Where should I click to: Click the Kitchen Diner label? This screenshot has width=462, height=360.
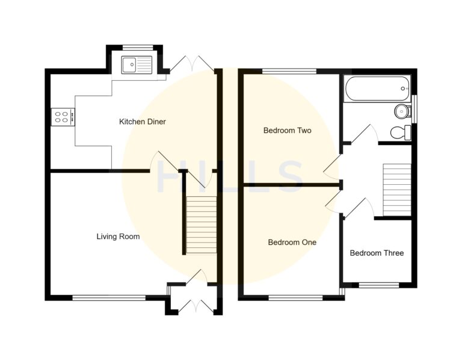(142, 122)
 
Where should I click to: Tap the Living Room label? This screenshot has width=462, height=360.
(118, 237)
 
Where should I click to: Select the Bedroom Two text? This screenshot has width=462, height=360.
(287, 130)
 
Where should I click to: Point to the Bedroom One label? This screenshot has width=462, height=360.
(292, 243)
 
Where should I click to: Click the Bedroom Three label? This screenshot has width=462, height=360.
(377, 253)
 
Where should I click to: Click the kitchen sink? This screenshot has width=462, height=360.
(137, 64)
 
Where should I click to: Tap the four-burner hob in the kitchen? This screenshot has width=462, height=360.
(62, 116)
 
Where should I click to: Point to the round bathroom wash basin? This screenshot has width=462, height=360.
(402, 111)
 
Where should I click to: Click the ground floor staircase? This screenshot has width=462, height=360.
(200, 225)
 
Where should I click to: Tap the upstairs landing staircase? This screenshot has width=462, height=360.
(396, 189)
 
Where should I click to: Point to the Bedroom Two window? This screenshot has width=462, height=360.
(289, 72)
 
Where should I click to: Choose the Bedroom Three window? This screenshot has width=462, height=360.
(378, 285)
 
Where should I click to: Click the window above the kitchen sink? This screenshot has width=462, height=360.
(135, 47)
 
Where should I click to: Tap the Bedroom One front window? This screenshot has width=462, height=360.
(295, 297)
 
